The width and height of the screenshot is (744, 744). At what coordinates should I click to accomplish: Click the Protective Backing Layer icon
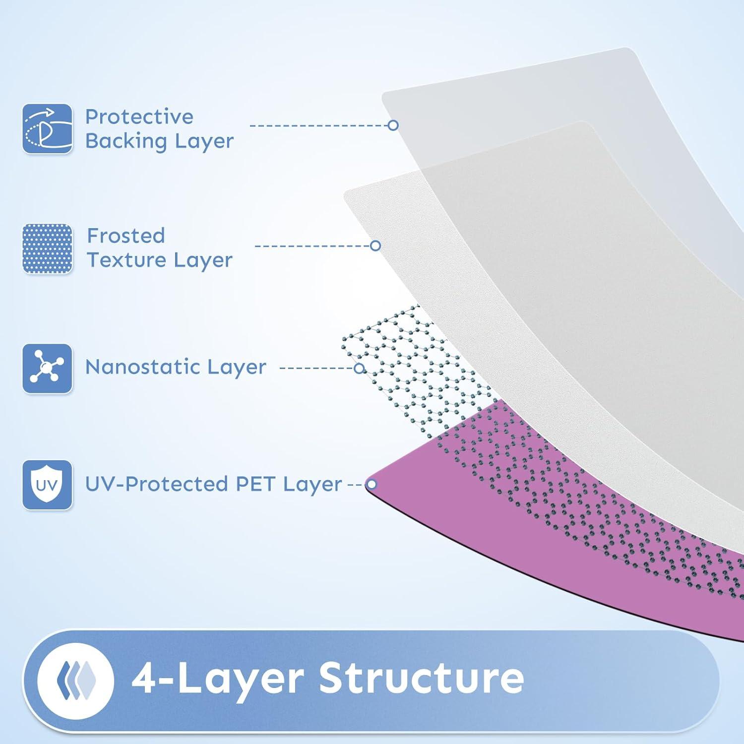tap(48, 128)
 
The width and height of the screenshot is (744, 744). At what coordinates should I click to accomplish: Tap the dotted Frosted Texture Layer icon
tap(48, 248)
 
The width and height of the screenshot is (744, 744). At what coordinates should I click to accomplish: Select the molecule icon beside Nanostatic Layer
tap(48, 369)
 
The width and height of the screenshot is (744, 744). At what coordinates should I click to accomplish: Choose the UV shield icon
tap(48, 485)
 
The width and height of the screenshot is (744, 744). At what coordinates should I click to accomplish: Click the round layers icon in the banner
tap(76, 681)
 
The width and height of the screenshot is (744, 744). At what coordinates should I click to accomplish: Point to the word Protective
tap(139, 117)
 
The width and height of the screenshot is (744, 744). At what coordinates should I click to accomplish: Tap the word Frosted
tap(126, 236)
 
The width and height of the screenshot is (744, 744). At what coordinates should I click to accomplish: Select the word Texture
tap(126, 260)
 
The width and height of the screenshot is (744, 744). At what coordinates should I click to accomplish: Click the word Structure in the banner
tap(421, 678)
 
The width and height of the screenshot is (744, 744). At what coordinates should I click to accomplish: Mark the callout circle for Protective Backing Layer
tap(393, 125)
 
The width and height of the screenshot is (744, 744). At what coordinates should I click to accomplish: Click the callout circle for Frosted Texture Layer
tap(375, 246)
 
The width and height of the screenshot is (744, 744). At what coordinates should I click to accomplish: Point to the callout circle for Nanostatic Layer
tap(359, 368)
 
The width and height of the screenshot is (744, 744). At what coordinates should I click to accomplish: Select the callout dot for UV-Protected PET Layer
tap(371, 485)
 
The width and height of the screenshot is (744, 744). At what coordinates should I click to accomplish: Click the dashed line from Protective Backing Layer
tap(319, 125)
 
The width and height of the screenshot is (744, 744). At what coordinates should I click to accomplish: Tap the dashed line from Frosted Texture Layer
tap(312, 246)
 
